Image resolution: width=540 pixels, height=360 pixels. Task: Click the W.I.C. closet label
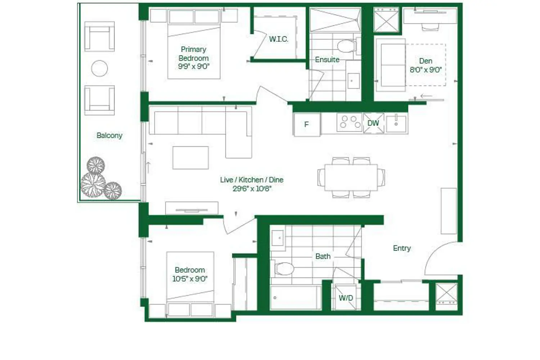click(x=278, y=39)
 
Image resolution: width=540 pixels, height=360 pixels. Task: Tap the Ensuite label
click(x=327, y=59)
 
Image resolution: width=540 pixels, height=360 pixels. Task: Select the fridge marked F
click(x=307, y=125)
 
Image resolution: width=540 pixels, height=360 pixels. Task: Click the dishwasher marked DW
click(x=373, y=123)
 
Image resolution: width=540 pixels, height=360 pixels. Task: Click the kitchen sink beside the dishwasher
click(x=396, y=124)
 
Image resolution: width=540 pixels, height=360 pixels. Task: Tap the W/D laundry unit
click(x=346, y=298)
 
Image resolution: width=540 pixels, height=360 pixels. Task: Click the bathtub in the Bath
click(x=296, y=298)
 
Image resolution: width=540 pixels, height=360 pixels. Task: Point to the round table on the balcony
click(x=100, y=68)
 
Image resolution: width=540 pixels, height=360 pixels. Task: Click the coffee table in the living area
click(x=191, y=158)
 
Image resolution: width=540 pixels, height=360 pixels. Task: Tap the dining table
click(x=351, y=177)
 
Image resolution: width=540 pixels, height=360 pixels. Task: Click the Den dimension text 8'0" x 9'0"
click(x=426, y=70)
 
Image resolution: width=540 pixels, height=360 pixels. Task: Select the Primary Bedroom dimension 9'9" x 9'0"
click(x=194, y=67)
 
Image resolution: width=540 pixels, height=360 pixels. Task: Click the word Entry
click(x=402, y=248)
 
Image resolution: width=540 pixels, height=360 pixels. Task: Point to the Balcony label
click(x=109, y=135)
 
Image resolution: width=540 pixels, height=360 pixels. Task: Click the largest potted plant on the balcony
click(x=93, y=185)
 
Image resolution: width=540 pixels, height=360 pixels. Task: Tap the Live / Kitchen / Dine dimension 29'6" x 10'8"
click(x=252, y=189)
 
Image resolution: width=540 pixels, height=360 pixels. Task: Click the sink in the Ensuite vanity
click(x=354, y=81)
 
